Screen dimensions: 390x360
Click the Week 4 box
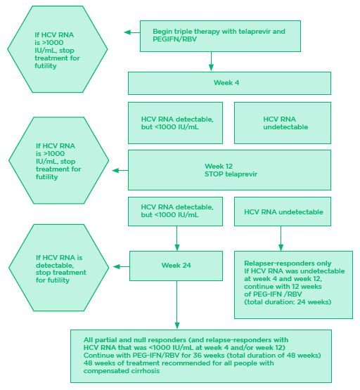click(229, 83)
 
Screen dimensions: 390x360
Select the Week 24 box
click(176, 266)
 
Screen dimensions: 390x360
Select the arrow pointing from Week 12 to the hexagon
click(120, 169)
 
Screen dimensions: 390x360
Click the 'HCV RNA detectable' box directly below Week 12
click(176, 211)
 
